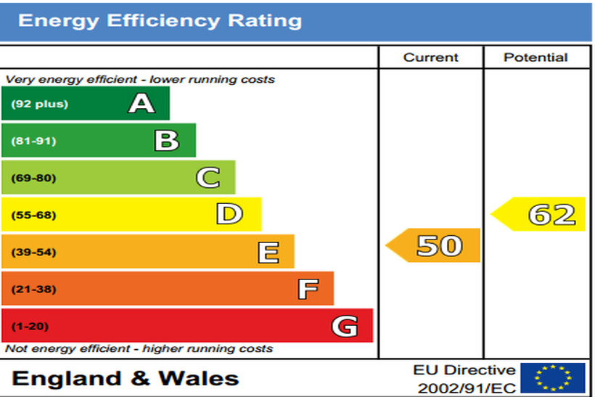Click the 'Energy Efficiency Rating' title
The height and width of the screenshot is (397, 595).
(160, 20)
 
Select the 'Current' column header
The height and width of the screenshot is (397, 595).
(431, 57)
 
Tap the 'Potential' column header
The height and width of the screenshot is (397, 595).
(536, 57)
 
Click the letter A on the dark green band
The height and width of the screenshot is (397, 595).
(141, 104)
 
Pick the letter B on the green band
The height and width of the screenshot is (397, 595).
(167, 141)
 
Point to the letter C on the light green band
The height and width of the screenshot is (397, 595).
(208, 178)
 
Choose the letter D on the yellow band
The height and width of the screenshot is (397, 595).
(229, 215)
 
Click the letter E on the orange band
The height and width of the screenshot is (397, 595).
(268, 253)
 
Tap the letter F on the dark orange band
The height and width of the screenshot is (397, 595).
(308, 290)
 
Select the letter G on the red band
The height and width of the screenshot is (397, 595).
(345, 327)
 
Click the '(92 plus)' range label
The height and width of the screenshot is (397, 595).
(39, 104)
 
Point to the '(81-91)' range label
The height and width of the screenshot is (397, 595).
(33, 141)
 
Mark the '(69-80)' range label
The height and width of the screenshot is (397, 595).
(33, 178)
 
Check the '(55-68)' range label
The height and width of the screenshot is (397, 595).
(33, 215)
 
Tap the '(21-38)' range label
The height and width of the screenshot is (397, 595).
(33, 290)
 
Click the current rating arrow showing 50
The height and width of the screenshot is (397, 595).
(434, 245)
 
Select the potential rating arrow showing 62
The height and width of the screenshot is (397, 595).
(541, 214)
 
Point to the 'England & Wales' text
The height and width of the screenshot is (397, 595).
(126, 378)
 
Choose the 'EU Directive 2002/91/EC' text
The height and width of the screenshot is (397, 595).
(464, 379)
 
